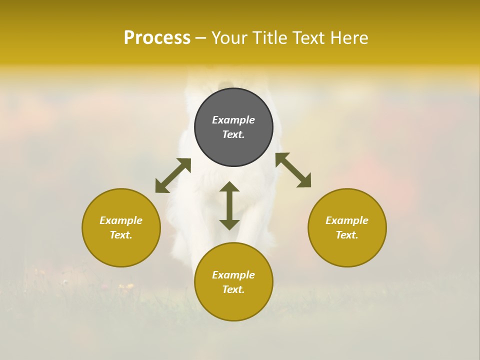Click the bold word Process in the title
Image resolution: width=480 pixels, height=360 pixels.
(157, 38)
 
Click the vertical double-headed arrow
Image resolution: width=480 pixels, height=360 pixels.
(229, 205)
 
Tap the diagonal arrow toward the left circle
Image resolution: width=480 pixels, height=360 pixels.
(173, 175)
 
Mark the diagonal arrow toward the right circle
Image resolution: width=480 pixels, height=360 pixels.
(293, 170)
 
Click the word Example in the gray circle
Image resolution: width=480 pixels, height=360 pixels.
(233, 120)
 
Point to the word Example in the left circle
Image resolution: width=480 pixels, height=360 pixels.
(121, 220)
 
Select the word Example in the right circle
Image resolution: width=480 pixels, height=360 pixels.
(347, 220)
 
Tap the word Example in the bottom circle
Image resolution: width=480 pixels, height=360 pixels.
(233, 275)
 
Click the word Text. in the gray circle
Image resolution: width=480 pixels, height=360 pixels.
(233, 134)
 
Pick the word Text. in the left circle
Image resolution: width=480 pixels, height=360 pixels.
(121, 235)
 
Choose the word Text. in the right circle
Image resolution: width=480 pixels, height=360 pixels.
(347, 235)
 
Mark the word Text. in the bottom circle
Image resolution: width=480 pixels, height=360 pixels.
(233, 289)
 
